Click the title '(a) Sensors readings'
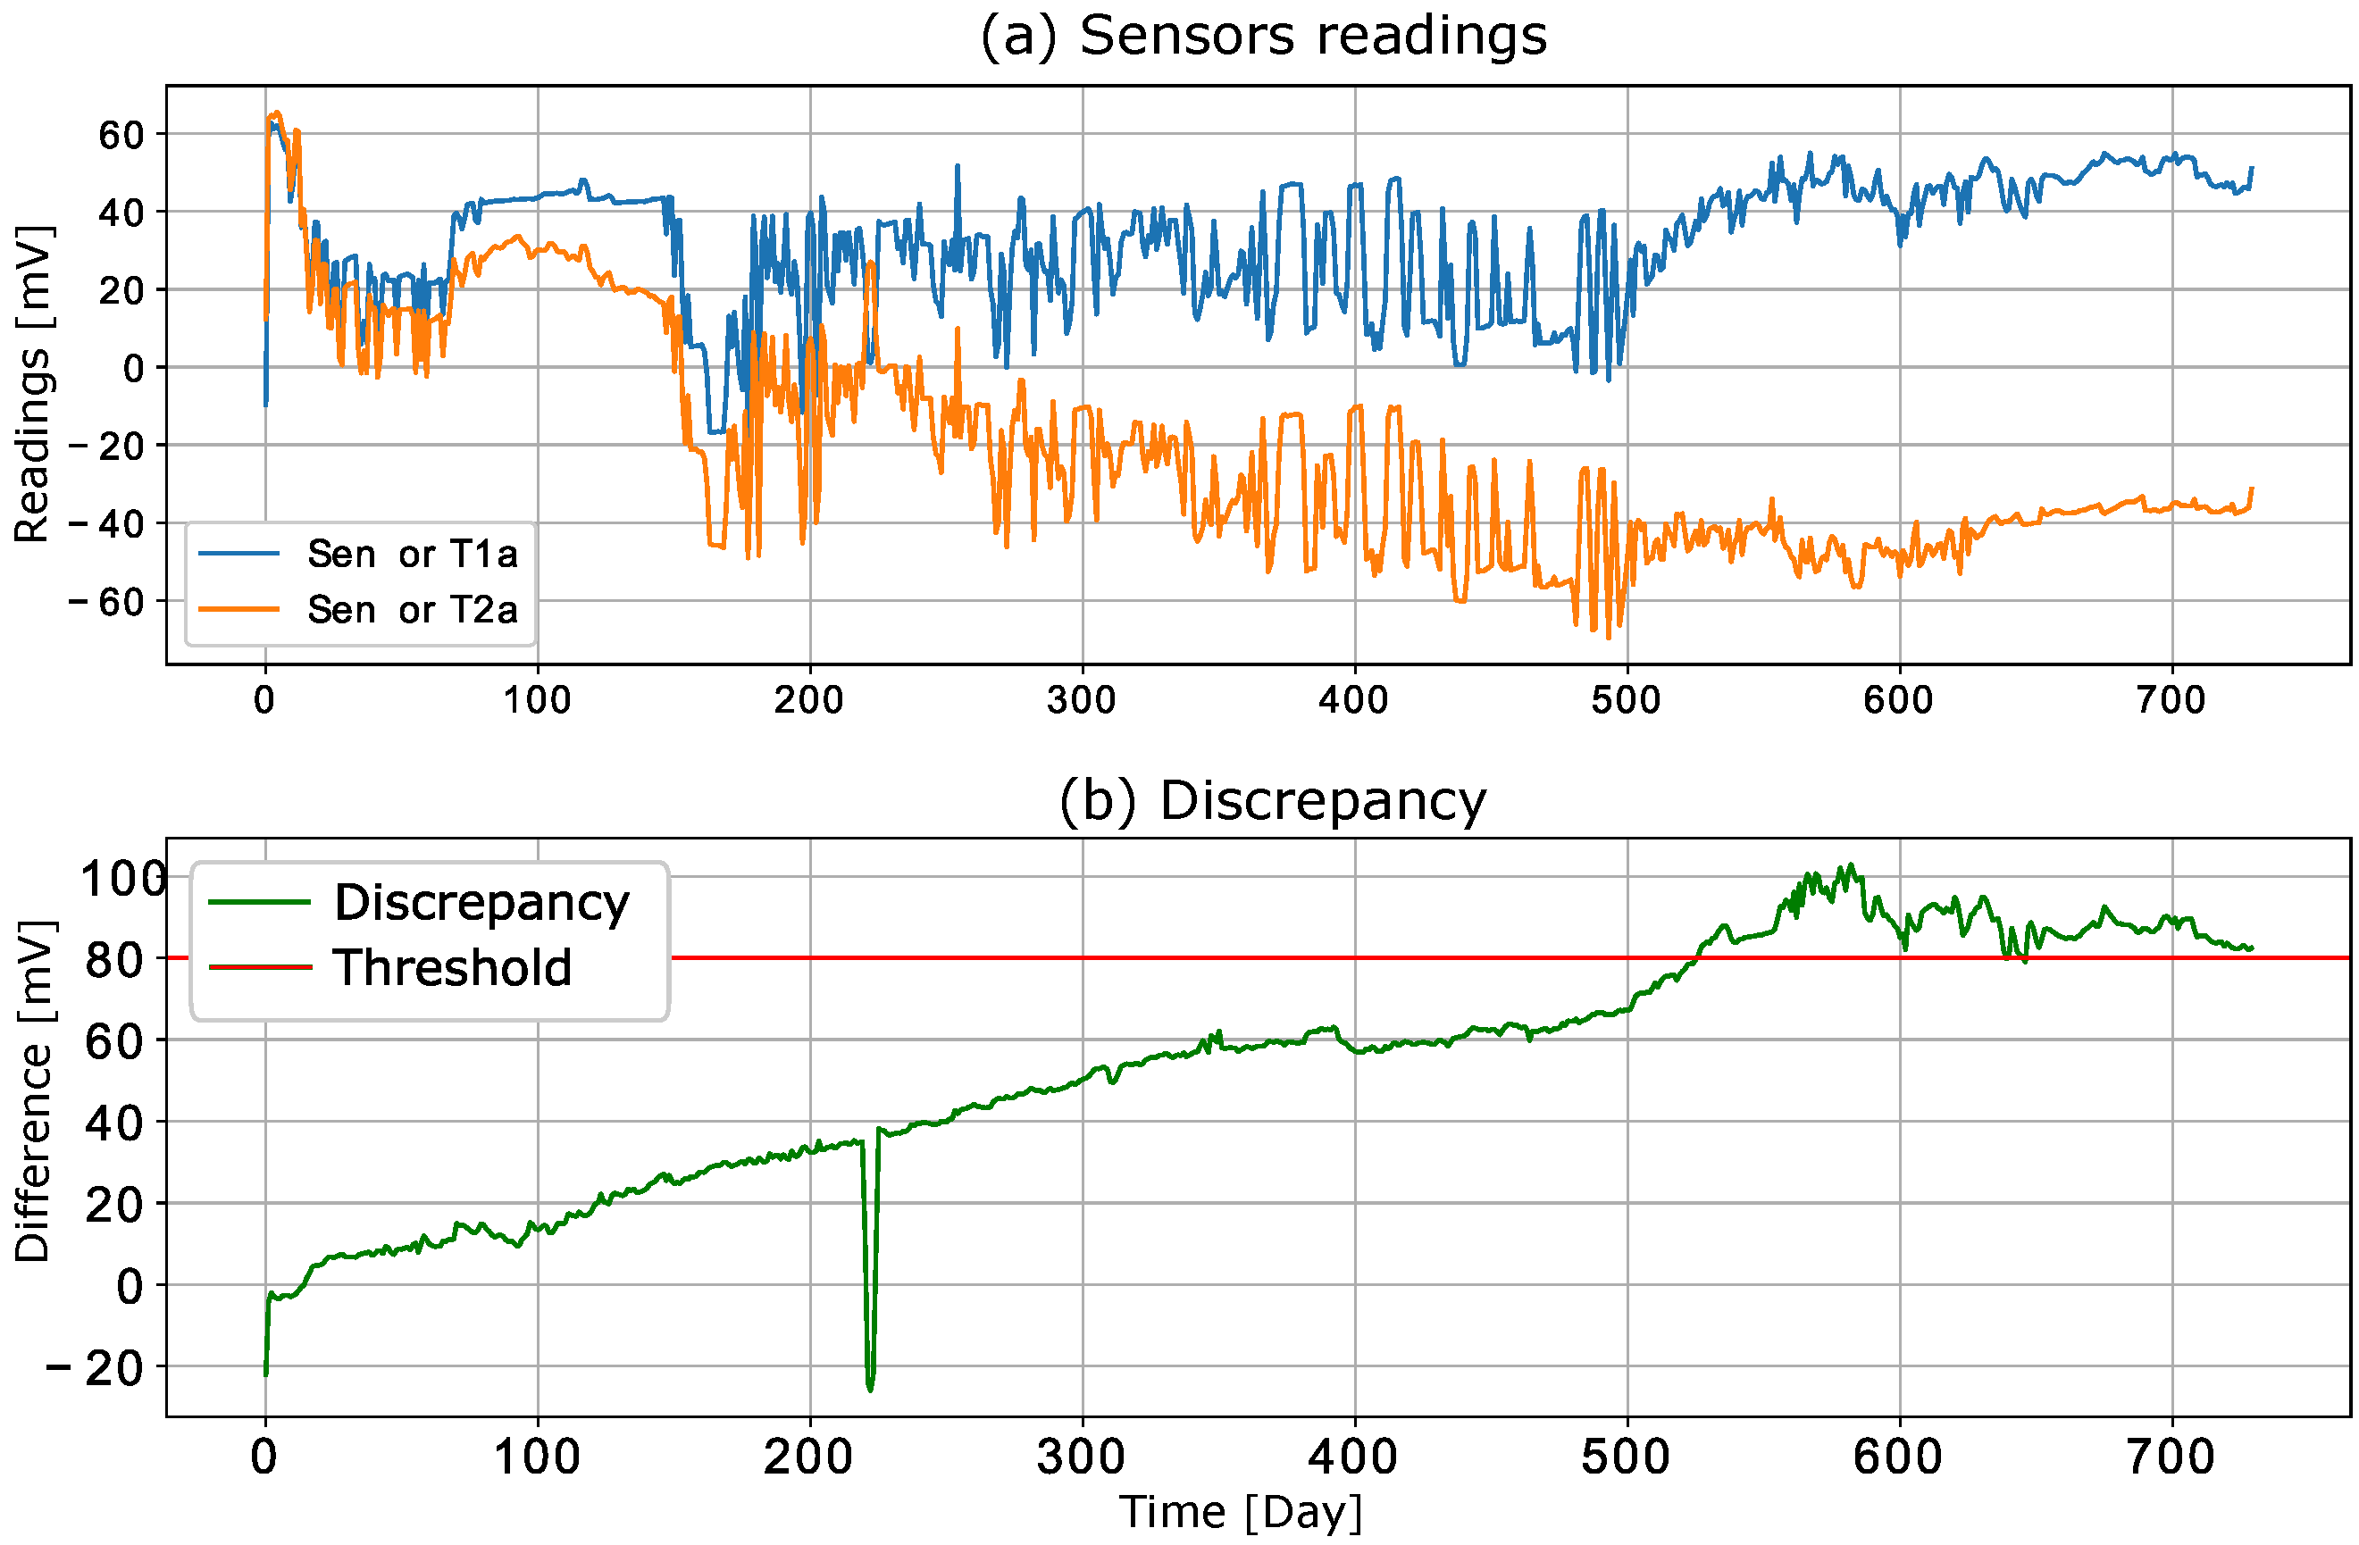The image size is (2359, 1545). (1263, 37)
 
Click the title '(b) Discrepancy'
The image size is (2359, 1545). (1273, 801)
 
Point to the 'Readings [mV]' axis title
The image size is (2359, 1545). (32, 385)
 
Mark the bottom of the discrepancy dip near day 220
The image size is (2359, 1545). (870, 1390)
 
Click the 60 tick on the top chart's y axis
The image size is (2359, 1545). (121, 135)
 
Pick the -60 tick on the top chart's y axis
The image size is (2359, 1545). (106, 602)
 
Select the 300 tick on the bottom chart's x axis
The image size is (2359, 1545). (1081, 1457)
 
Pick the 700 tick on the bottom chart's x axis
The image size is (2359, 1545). (2171, 1457)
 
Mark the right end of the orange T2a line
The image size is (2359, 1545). (2252, 489)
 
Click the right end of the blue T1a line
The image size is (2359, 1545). (2252, 169)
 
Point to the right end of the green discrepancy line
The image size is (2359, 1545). (2252, 948)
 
